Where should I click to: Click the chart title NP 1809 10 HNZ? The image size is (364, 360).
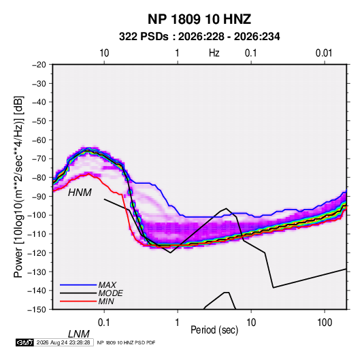[x=199, y=19]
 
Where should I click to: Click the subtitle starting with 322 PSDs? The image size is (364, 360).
[x=199, y=37]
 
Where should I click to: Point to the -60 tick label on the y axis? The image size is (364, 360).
[x=39, y=140]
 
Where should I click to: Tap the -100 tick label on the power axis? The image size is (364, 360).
[x=37, y=215]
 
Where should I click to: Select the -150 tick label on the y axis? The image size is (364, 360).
[x=37, y=310]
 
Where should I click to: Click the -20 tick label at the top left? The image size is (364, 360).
[x=39, y=65]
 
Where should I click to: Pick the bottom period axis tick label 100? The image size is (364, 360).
[x=325, y=323]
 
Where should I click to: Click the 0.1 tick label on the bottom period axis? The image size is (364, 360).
[x=104, y=323]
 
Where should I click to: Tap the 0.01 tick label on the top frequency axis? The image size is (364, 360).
[x=324, y=53]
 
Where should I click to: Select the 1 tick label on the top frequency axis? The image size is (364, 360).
[x=177, y=53]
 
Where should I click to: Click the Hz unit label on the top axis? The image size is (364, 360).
[x=214, y=53]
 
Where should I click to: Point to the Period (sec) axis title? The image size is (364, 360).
[x=214, y=330]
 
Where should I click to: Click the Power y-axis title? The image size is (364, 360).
[x=18, y=187]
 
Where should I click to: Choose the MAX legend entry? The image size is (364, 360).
[x=107, y=285]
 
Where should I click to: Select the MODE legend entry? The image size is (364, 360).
[x=110, y=293]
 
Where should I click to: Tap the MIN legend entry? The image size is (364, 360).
[x=106, y=301]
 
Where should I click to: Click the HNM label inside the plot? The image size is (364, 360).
[x=80, y=193]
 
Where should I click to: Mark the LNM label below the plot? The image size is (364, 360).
[x=78, y=334]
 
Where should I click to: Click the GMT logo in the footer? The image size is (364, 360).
[x=25, y=342]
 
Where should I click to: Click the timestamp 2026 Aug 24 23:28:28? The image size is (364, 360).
[x=63, y=342]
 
